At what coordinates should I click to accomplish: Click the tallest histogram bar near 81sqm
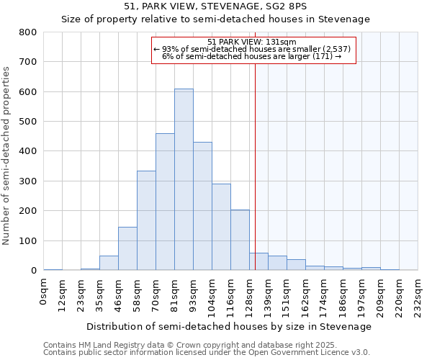pyautogui.click(x=184, y=179)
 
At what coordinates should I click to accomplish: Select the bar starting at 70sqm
pyautogui.click(x=165, y=202)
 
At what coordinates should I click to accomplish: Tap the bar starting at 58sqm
pyautogui.click(x=146, y=220)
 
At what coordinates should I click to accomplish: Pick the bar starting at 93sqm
pyautogui.click(x=202, y=206)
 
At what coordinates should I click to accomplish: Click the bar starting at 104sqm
pyautogui.click(x=221, y=227)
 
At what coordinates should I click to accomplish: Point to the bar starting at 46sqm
pyautogui.click(x=127, y=248)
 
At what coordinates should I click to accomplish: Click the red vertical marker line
pyautogui.click(x=255, y=180)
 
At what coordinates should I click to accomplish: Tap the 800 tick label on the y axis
pyautogui.click(x=27, y=32)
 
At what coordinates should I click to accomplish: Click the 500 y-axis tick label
pyautogui.click(x=27, y=122)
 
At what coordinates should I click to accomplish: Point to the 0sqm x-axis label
pyautogui.click(x=45, y=291)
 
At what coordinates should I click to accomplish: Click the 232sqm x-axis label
pyautogui.click(x=419, y=294)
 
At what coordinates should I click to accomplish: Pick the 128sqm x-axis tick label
pyautogui.click(x=251, y=294)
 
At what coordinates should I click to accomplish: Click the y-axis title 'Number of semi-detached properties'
pyautogui.click(x=6, y=156)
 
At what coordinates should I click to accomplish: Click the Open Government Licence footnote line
pyautogui.click(x=207, y=352)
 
